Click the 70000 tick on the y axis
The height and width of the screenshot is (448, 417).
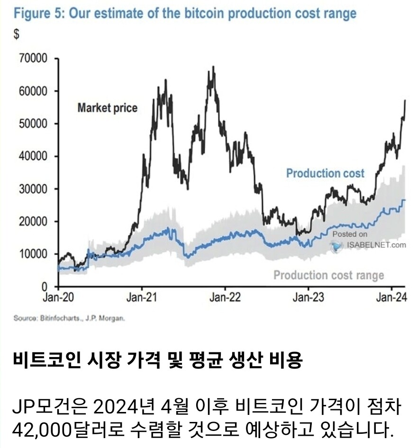point(34,59)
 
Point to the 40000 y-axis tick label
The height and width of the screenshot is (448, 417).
point(34,156)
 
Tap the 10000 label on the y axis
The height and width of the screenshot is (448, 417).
point(34,254)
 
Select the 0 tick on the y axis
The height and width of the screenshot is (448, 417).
point(46,287)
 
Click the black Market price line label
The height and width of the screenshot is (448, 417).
point(107,108)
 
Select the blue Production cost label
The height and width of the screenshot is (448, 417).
point(325,173)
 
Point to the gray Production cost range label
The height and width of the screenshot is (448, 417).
point(328,275)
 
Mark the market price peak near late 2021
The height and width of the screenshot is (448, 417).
point(214,67)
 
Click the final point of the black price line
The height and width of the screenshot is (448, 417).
point(405,100)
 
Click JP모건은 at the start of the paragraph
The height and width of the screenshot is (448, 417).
point(50,406)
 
